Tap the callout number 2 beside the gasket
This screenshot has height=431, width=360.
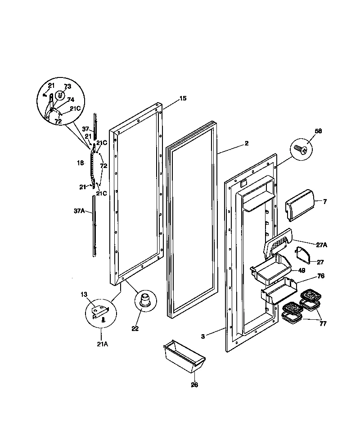coord(246,144)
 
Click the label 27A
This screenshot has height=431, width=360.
coord(322,245)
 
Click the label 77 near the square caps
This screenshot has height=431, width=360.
coord(322,323)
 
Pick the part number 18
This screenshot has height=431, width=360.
coord(80,163)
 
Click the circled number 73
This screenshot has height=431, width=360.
coord(67,87)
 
